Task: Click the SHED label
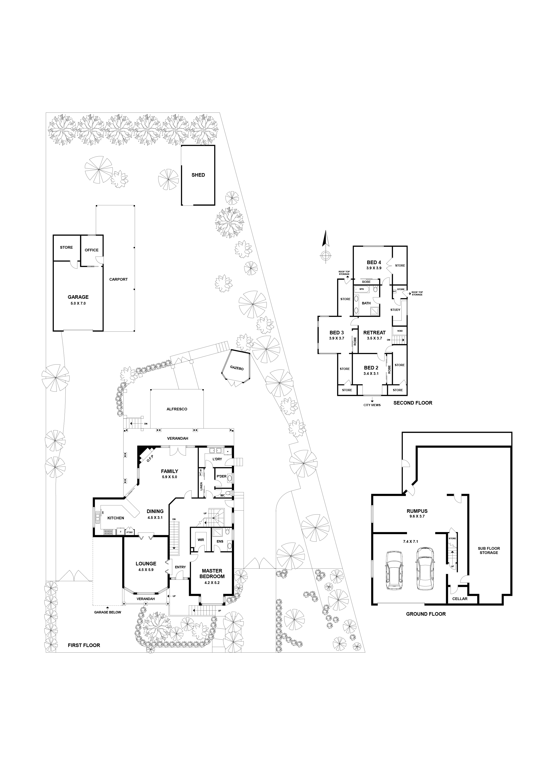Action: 198,175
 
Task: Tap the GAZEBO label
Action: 237,367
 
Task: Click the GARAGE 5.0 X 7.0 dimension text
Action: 78,303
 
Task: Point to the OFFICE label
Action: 91,250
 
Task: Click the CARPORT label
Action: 118,279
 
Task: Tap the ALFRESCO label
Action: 177,409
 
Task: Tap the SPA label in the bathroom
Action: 362,289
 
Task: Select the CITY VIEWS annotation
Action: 372,405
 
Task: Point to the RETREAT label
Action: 374,333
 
